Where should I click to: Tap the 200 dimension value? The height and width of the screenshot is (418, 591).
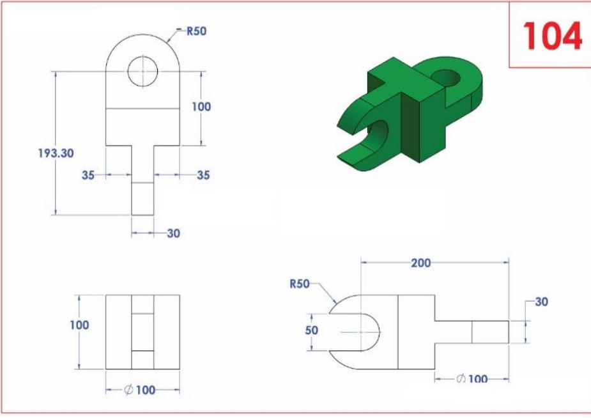tap(421, 263)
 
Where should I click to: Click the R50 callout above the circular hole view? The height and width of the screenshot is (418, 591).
tap(196, 31)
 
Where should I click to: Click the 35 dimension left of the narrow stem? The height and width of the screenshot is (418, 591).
tap(89, 174)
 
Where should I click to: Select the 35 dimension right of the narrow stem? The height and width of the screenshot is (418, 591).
tap(203, 174)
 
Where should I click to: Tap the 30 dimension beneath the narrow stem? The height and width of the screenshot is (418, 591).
tap(173, 234)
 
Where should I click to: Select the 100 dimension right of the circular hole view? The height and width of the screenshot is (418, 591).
tap(201, 107)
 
